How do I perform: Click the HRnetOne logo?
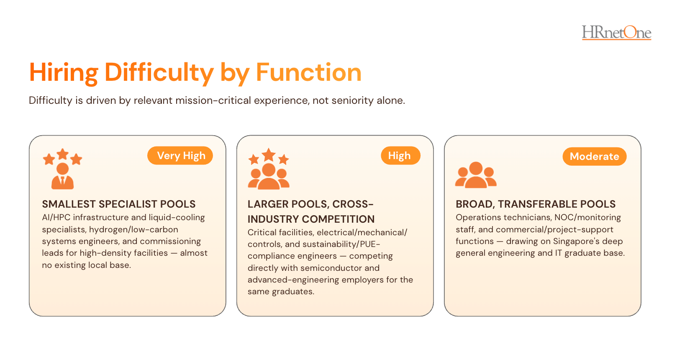(617, 32)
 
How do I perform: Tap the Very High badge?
(180, 156)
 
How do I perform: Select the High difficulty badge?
(400, 156)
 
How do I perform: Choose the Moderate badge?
(595, 156)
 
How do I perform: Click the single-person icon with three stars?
(63, 169)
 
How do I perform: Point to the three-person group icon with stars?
(269, 169)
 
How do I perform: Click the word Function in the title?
(308, 72)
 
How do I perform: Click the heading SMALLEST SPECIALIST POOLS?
(119, 204)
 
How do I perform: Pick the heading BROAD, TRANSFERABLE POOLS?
(536, 204)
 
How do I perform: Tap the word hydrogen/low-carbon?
(133, 230)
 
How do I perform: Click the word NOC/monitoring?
(587, 218)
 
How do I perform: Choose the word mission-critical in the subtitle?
(213, 100)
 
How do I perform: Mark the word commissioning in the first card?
(170, 242)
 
